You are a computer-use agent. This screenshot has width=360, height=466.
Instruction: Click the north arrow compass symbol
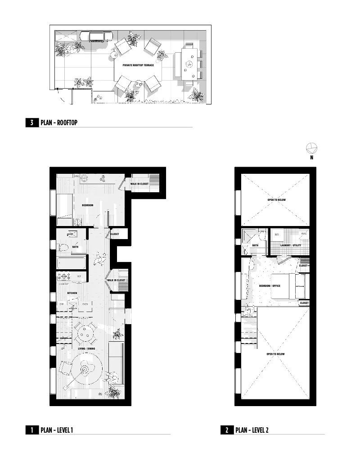pyautogui.click(x=311, y=148)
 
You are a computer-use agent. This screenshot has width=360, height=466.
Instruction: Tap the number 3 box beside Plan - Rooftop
pyautogui.click(x=32, y=122)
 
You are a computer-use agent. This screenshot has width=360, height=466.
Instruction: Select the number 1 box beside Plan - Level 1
pyautogui.click(x=32, y=430)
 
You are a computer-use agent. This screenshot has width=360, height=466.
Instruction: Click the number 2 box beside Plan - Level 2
pyautogui.click(x=227, y=430)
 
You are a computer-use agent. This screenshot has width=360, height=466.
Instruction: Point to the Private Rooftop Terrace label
pyautogui.click(x=138, y=65)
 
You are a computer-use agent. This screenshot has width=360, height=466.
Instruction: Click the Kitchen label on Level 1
pyautogui.click(x=72, y=293)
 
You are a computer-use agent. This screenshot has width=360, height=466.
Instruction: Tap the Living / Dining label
pyautogui.click(x=85, y=349)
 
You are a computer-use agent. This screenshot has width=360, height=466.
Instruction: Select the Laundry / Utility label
pyautogui.click(x=290, y=245)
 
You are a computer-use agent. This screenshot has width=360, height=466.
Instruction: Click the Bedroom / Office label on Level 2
pyautogui.click(x=270, y=286)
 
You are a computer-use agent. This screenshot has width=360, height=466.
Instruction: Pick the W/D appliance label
pyautogui.click(x=277, y=234)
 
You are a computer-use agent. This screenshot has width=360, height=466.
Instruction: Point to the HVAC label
pyautogui.click(x=304, y=234)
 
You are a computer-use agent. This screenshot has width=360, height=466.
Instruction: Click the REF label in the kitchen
pyautogui.click(x=79, y=276)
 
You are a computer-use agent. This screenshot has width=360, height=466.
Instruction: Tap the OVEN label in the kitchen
pyautogui.click(x=85, y=304)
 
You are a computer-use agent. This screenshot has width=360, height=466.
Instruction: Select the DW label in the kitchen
pyautogui.click(x=62, y=304)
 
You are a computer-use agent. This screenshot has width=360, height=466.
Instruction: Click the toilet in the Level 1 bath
pyautogui.click(x=63, y=247)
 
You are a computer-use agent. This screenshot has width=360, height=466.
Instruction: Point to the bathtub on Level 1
pyautogui.click(x=72, y=262)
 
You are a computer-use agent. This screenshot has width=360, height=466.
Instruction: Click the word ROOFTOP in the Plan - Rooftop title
pyautogui.click(x=67, y=122)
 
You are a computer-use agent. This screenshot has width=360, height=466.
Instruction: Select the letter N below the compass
pyautogui.click(x=311, y=158)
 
